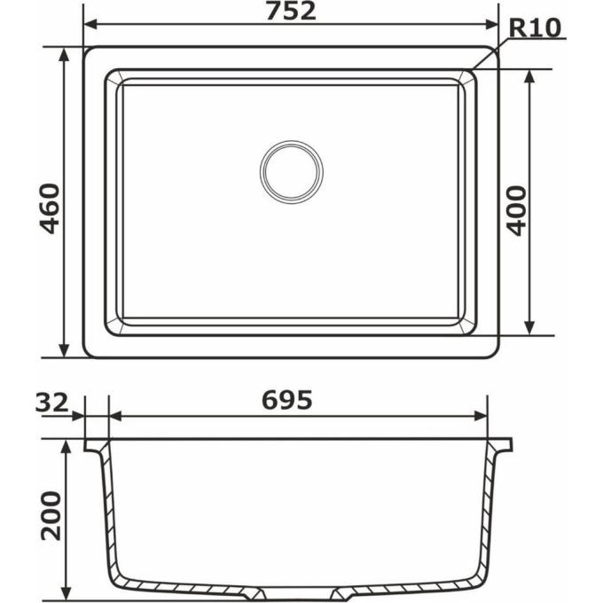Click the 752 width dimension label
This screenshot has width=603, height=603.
tap(291, 12)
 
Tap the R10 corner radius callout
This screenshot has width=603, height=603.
tap(535, 27)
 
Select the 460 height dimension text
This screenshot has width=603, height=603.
tap(51, 208)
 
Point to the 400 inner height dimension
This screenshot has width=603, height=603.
tap(516, 210)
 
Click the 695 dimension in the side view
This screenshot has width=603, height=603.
tap(287, 400)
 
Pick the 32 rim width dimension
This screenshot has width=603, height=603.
tap(52, 403)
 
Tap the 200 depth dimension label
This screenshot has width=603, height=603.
tap(51, 516)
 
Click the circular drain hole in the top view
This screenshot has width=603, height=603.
tap(292, 172)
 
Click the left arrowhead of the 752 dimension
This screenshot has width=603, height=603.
tap(90, 25)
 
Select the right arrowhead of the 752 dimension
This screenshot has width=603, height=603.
tap(491, 25)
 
